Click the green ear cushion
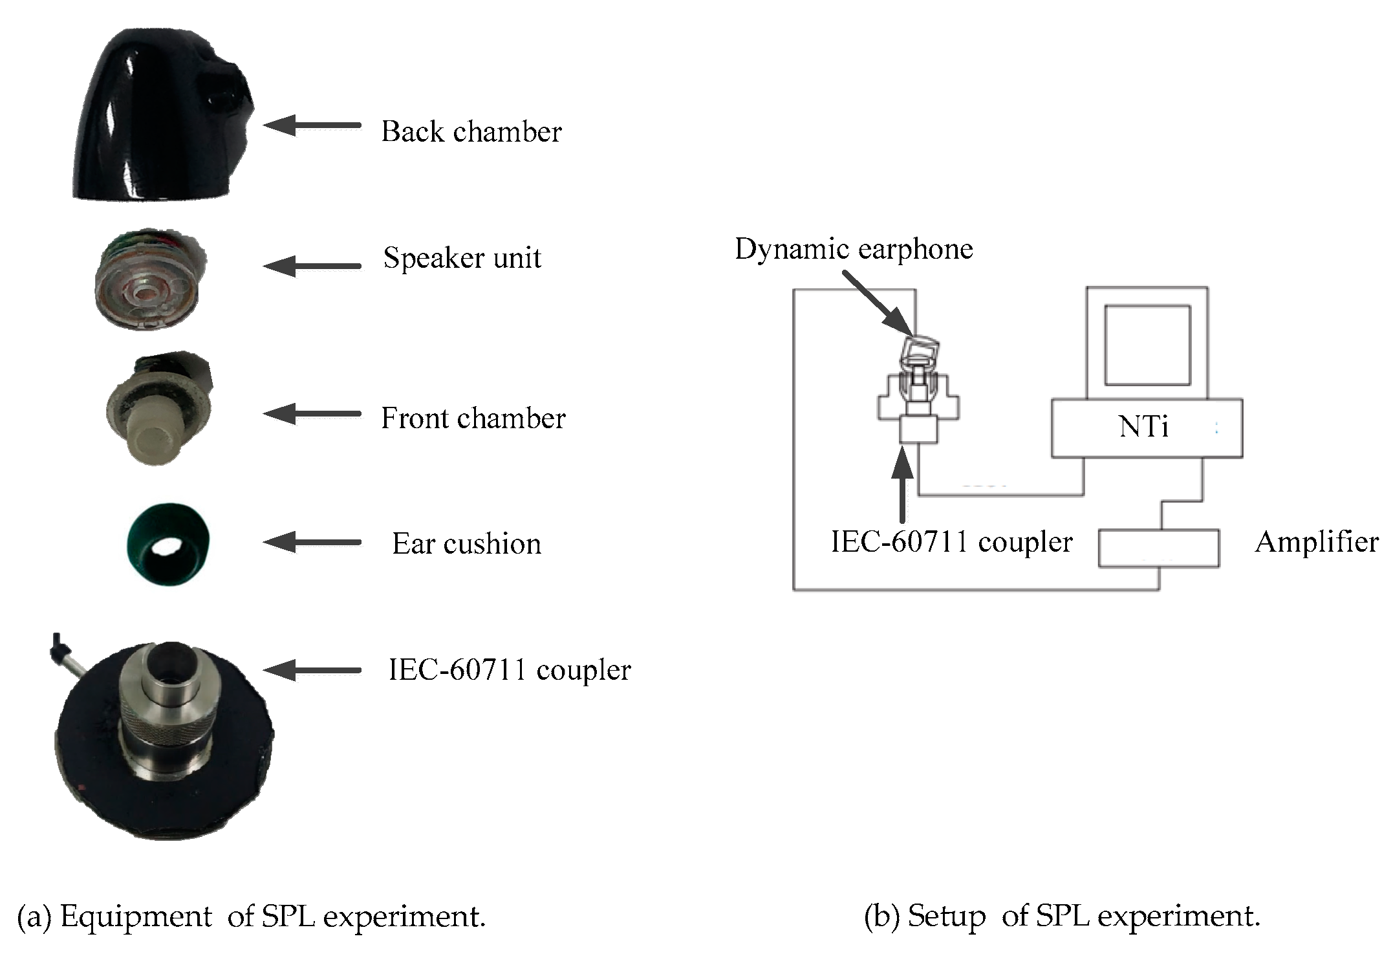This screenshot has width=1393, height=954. point(168,543)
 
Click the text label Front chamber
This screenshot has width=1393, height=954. point(473,418)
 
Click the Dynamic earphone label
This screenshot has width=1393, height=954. point(854,249)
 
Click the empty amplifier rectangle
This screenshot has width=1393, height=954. point(1158,548)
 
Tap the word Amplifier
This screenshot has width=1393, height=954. point(1316,542)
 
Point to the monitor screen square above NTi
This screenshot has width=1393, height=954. point(1147,345)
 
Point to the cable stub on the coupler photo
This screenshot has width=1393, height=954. point(65,653)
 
